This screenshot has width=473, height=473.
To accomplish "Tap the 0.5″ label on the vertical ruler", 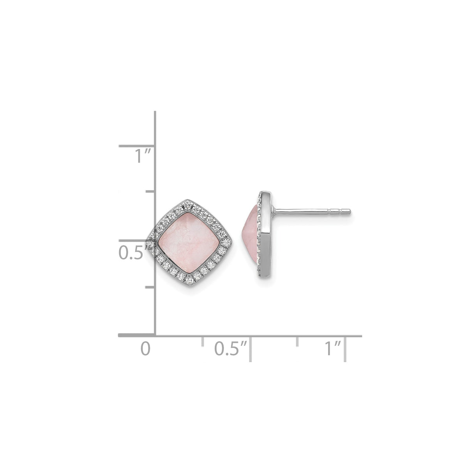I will coord(131,253).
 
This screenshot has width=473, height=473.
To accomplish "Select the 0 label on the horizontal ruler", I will coord(145,348).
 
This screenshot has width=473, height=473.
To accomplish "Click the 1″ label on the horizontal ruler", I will coord(333,348).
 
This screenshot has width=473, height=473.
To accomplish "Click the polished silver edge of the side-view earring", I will coord(265,234).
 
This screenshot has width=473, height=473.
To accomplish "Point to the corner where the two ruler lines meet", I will coord(156,335).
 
